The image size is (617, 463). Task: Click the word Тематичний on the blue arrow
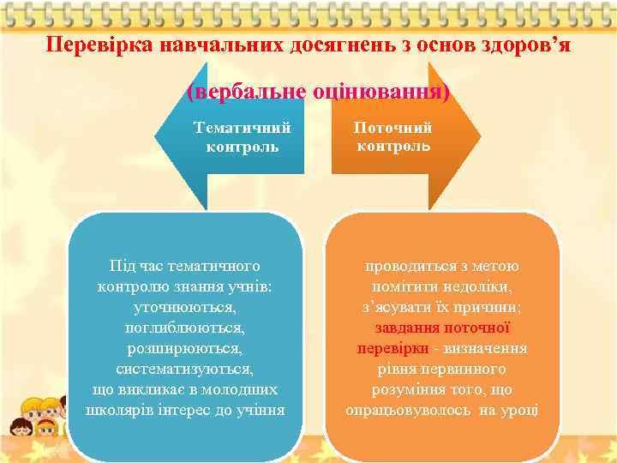click(x=243, y=128)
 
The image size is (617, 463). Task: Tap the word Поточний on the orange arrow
click(x=394, y=128)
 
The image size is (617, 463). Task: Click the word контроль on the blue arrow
click(x=243, y=147)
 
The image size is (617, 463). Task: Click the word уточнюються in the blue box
click(x=185, y=306)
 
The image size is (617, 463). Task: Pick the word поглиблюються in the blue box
click(x=185, y=327)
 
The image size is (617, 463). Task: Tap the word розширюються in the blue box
click(x=185, y=348)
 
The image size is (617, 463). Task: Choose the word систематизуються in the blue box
click(x=185, y=369)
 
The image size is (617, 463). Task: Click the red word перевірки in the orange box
click(x=390, y=348)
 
